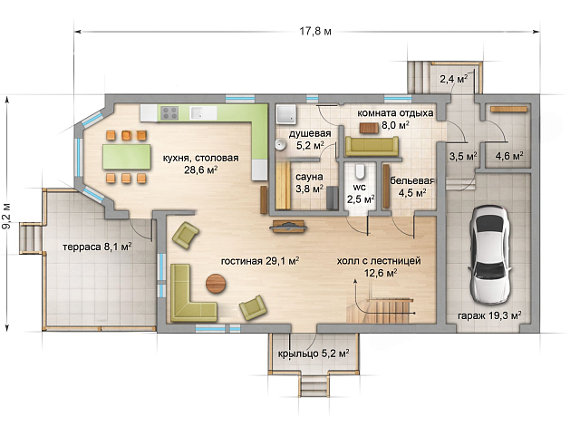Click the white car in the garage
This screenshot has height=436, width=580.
coord(489,255)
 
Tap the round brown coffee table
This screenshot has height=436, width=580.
coord(216,284)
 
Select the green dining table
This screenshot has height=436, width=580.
coord(127,157)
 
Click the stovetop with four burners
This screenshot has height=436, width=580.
coord(169,113)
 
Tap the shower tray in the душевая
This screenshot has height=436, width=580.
coord(286,114)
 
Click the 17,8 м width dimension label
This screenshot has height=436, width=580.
coord(315,32)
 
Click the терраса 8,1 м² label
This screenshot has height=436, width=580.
coord(97,247)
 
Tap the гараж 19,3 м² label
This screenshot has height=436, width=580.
coord(489,315)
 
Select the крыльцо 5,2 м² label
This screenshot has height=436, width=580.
coord(314,354)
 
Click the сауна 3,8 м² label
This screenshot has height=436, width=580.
coord(309,183)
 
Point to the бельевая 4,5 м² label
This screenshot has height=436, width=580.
coord(411,187)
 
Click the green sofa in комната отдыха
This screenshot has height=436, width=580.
coord(372,147)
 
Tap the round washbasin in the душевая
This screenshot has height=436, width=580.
coord(280,144)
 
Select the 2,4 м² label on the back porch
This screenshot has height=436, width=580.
coord(453,79)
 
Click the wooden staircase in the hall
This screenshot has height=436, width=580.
coord(379,310)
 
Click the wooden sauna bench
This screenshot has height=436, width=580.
coord(283,186)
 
